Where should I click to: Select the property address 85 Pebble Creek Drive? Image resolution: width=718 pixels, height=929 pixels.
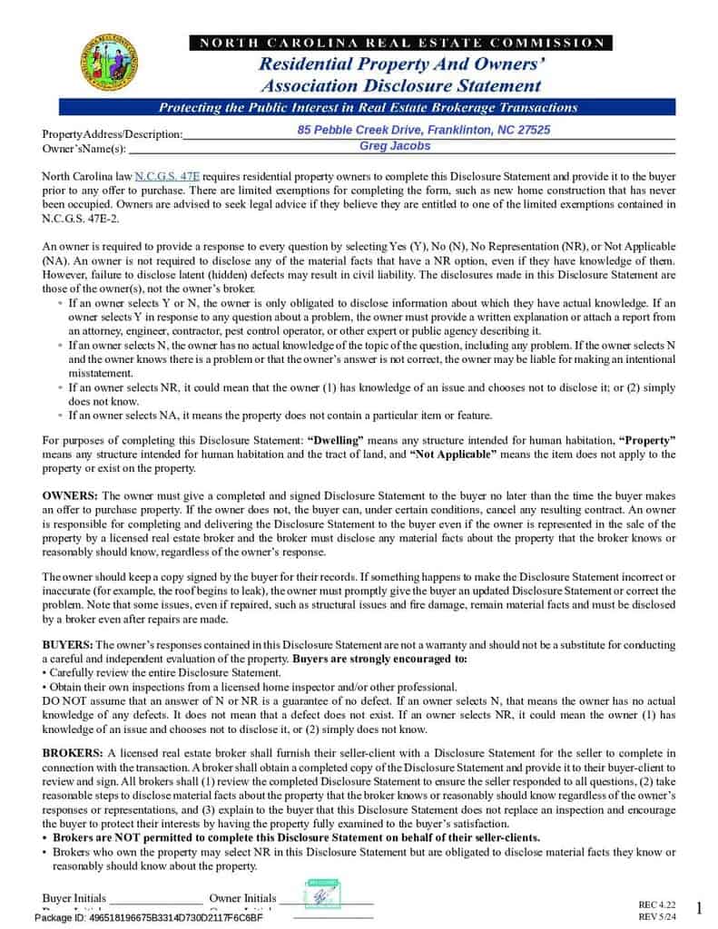[423, 131]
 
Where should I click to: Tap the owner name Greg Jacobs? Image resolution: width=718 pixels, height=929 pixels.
[395, 146]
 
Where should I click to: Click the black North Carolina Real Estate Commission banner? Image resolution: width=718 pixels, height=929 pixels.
[400, 43]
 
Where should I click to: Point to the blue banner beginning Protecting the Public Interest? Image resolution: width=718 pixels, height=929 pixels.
[369, 108]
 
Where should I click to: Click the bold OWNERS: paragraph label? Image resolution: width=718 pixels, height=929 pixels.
[71, 496]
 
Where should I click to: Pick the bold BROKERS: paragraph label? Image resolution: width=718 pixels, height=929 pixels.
[74, 753]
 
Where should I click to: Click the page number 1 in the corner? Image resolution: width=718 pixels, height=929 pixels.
[698, 908]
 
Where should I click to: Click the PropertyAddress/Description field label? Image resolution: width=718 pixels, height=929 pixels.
[112, 134]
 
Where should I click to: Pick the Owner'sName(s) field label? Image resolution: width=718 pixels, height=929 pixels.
[84, 149]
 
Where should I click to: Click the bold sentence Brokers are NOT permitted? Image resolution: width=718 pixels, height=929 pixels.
[296, 837]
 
